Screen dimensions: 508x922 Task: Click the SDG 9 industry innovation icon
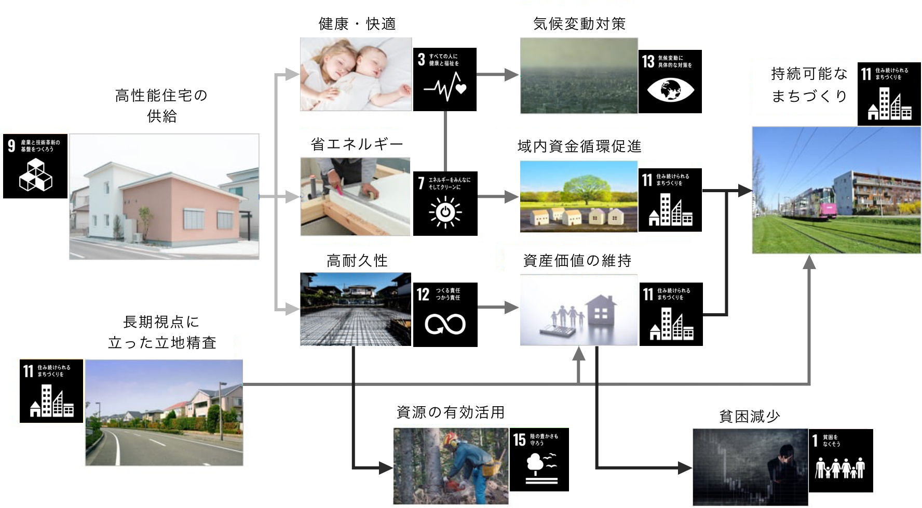click(35, 166)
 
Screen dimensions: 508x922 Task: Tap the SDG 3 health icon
click(445, 79)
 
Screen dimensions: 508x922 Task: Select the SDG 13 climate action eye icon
click(670, 82)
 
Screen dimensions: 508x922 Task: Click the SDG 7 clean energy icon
click(445, 204)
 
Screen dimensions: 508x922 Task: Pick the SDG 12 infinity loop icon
click(445, 315)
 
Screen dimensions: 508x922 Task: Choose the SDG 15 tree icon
click(539, 460)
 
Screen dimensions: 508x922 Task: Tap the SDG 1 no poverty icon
click(840, 461)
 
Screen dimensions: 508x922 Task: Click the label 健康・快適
click(357, 24)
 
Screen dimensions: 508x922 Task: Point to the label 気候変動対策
click(579, 24)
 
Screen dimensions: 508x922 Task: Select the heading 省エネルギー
click(357, 144)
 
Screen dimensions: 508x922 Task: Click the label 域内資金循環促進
click(579, 146)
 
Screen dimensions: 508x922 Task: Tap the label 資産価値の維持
click(577, 260)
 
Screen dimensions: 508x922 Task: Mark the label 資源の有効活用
click(451, 412)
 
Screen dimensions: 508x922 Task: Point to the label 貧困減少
click(750, 417)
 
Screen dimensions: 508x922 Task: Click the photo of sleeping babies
click(356, 74)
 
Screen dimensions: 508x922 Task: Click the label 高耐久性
click(357, 261)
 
